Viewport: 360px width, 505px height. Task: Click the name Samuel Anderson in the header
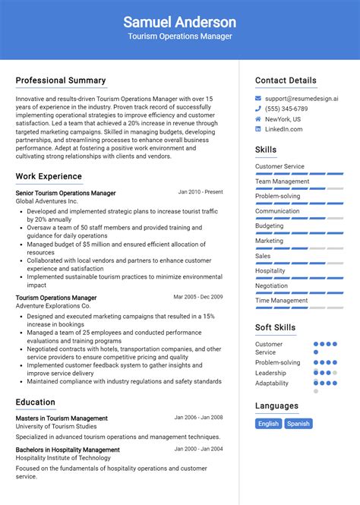coord(179,22)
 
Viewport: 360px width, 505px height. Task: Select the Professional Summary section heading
coord(61,80)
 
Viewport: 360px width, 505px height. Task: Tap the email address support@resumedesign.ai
coord(302,99)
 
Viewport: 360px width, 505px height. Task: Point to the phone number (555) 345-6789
coord(286,109)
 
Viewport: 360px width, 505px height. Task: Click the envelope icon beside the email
coord(258,99)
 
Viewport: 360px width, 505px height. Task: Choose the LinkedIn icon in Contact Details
coord(258,129)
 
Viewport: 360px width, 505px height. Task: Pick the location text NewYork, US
coord(283,119)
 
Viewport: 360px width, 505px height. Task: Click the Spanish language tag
coord(298,424)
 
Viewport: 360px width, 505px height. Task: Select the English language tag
coord(268,424)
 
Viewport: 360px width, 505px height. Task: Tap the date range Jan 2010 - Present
coord(201,192)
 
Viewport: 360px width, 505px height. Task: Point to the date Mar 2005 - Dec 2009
coord(198,297)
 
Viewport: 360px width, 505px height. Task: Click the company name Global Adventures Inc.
coord(47,201)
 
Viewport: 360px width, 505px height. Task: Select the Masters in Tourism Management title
coord(62,418)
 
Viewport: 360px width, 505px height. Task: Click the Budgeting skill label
coord(270,226)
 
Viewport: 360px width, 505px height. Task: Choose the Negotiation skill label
coord(271,286)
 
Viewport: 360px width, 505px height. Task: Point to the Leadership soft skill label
coord(270,373)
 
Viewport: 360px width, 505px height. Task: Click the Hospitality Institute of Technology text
coord(63,458)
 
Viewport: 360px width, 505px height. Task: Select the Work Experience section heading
coord(49,176)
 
